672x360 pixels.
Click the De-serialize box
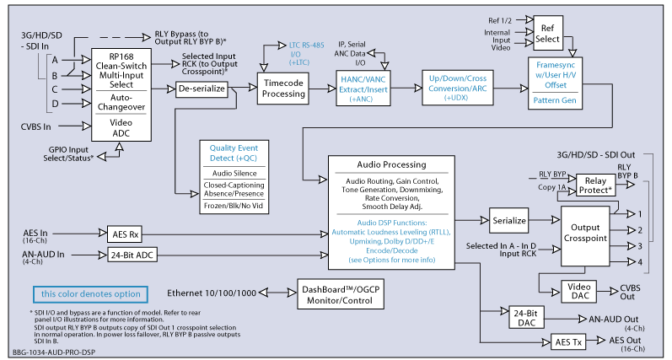[202, 89]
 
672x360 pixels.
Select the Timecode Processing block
[282, 89]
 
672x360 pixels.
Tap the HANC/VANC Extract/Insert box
[363, 89]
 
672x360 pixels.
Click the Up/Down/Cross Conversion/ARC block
[457, 88]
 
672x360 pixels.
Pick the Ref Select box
[548, 33]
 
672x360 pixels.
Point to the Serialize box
[508, 221]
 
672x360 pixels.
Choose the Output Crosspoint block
[585, 236]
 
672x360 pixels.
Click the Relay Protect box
[595, 185]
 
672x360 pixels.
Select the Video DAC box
[579, 292]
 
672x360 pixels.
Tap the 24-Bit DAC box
[526, 318]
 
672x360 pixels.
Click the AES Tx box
[568, 342]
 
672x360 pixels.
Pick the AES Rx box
[124, 234]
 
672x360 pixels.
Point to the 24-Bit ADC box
[132, 255]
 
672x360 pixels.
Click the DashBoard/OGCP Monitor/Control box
[341, 294]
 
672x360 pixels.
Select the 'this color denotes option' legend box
[90, 294]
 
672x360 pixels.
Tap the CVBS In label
[36, 126]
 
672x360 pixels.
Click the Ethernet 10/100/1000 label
[212, 293]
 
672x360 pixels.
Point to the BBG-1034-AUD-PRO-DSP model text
[54, 352]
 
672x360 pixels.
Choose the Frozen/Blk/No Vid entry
[234, 207]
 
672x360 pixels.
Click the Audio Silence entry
[234, 173]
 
